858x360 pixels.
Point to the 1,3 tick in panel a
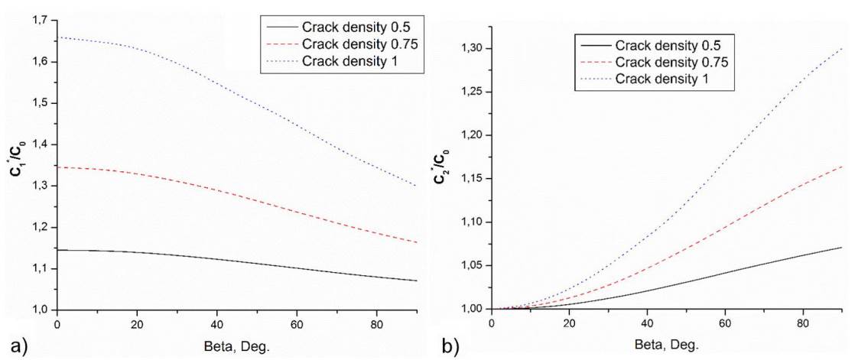click(x=40, y=186)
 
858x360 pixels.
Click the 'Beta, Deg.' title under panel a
click(x=237, y=343)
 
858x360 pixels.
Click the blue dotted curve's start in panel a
click(x=57, y=37)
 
